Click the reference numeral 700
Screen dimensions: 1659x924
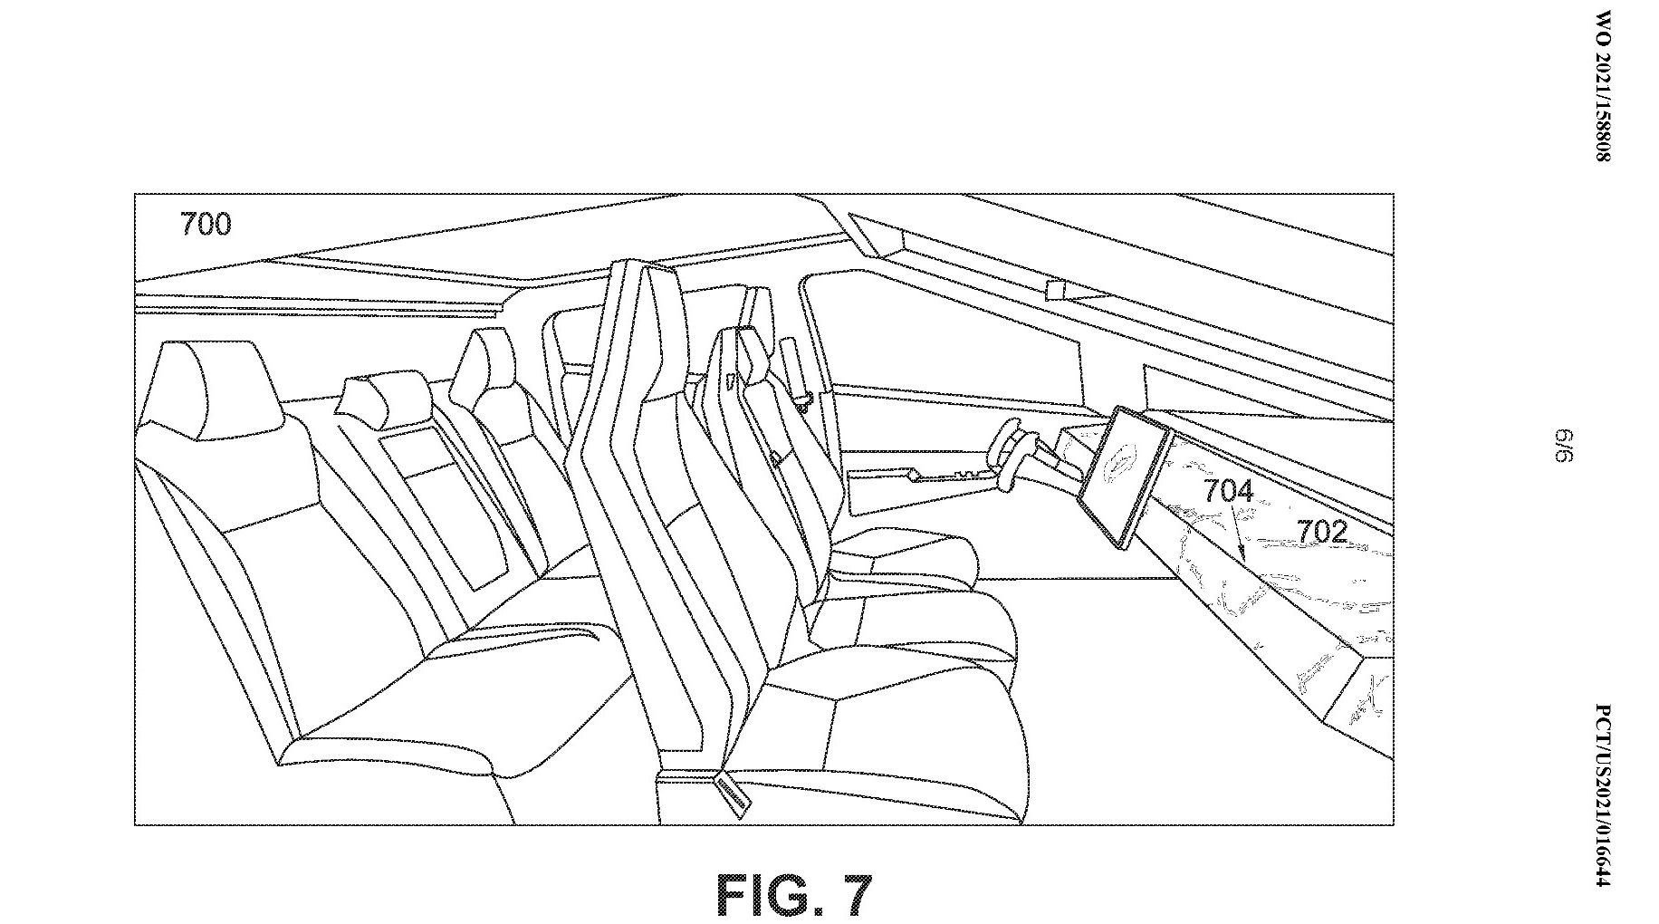click(x=206, y=224)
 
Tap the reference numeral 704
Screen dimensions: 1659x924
click(x=1227, y=491)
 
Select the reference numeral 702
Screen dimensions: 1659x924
click(x=1322, y=532)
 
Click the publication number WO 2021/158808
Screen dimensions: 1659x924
click(x=1603, y=86)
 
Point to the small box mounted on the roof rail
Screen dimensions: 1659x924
click(x=1057, y=290)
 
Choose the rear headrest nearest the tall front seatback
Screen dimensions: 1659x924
click(x=480, y=371)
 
